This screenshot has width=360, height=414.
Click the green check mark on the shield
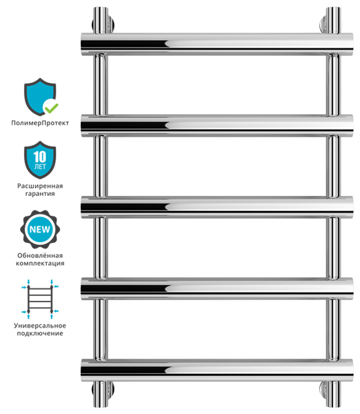tap(51, 108)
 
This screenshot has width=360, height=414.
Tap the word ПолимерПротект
tap(40, 123)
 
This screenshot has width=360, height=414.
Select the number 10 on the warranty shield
tap(40, 157)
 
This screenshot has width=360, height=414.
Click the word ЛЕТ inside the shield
tap(40, 166)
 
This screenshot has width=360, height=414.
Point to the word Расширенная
tap(40, 186)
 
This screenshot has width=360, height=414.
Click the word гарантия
tap(40, 193)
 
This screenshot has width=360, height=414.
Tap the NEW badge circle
tap(40, 229)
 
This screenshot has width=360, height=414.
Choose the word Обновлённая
tap(40, 255)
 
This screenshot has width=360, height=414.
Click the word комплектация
tap(40, 264)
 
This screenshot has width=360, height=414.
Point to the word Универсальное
tap(40, 326)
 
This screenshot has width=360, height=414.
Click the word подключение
tap(40, 333)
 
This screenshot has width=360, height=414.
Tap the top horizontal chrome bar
tap(217, 44)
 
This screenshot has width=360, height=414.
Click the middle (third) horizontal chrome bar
tap(217, 207)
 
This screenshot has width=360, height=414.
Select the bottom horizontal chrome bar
tap(217, 370)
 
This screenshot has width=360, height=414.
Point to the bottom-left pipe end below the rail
tap(101, 394)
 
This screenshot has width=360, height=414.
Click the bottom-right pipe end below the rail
tap(333, 394)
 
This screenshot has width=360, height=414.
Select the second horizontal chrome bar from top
tap(217, 126)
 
